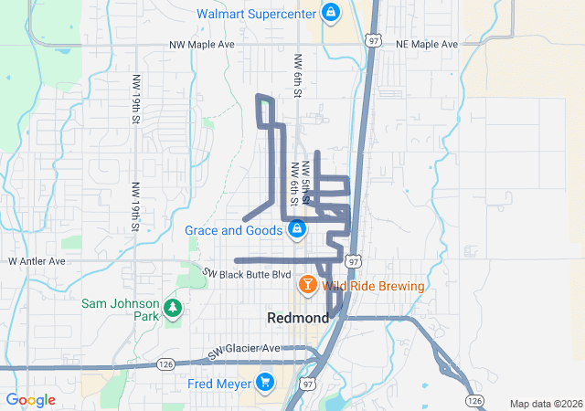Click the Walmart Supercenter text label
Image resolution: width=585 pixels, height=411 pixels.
(x=255, y=14)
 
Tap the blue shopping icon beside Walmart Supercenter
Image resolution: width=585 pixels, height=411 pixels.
(x=330, y=14)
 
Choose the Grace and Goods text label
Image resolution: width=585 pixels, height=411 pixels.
(x=233, y=230)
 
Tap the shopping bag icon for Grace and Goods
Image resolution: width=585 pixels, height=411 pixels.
(x=296, y=230)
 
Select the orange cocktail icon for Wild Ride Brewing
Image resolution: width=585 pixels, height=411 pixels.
(x=308, y=286)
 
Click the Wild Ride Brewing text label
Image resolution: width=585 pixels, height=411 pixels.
(x=373, y=286)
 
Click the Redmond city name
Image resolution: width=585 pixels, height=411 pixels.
(x=298, y=318)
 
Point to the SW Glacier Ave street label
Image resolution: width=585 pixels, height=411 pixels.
(x=244, y=350)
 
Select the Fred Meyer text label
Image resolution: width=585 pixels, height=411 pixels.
(x=219, y=383)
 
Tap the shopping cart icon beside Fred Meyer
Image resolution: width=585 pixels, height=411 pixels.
(x=265, y=382)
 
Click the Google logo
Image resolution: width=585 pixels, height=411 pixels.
(x=31, y=400)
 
